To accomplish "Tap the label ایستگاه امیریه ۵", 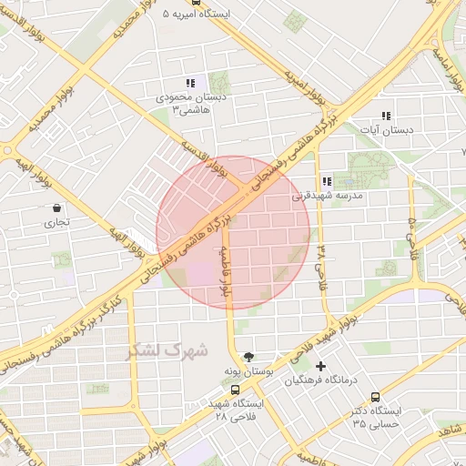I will pos(197,15).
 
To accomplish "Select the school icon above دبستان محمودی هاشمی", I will pos(189,83).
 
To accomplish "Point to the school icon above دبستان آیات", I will pos(386,116).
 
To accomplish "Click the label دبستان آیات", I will pos(386,131).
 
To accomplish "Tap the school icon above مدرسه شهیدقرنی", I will pos(326,181).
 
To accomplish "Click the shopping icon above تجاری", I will pos(57,208).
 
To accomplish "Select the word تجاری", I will pos(57,221).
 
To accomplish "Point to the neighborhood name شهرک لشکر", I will pos(169,349).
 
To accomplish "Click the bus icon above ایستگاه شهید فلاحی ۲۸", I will pos(235,390).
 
